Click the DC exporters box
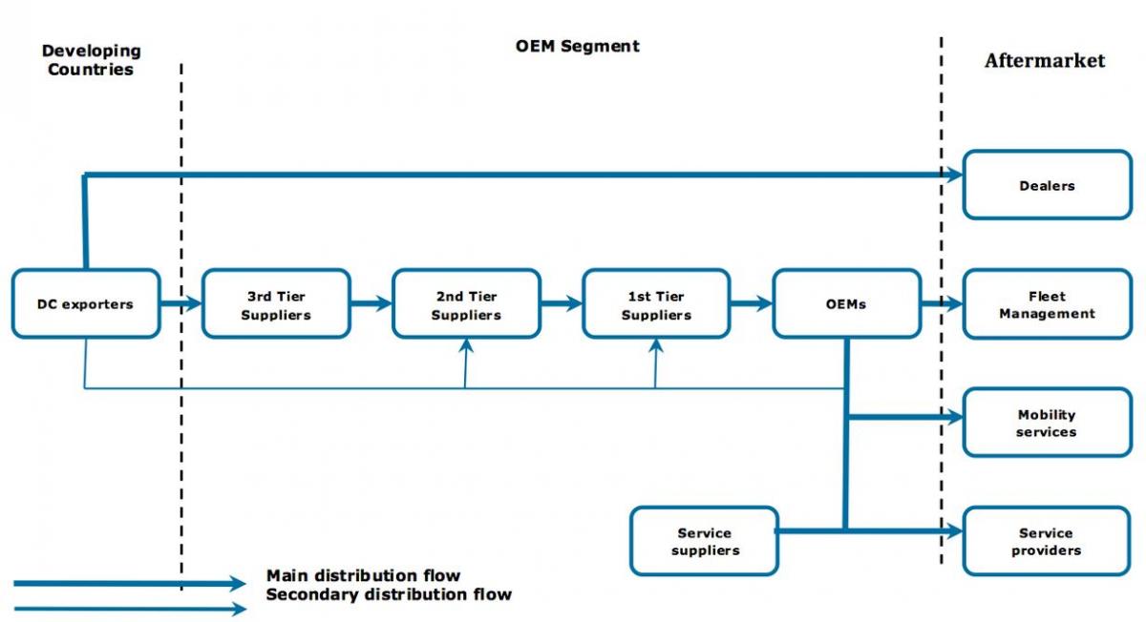coord(86,303)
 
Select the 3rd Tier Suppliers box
coord(276,303)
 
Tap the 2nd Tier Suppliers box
coord(467,303)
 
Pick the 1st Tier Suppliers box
coord(656,303)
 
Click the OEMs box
coord(847,303)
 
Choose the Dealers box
coord(1048,184)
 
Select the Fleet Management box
coord(1048,303)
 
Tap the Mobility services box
coord(1048,423)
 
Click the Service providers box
coord(1047,541)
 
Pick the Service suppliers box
coord(705,541)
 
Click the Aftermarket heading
coord(1045,60)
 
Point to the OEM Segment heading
coord(577,46)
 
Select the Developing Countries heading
coord(91,60)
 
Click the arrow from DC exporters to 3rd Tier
coord(181,303)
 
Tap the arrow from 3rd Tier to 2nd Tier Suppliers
coord(371,303)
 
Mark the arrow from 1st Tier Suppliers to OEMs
coord(752,303)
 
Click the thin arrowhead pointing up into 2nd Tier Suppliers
coord(466,345)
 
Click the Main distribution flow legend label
coord(363,575)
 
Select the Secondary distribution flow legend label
coord(389,594)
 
